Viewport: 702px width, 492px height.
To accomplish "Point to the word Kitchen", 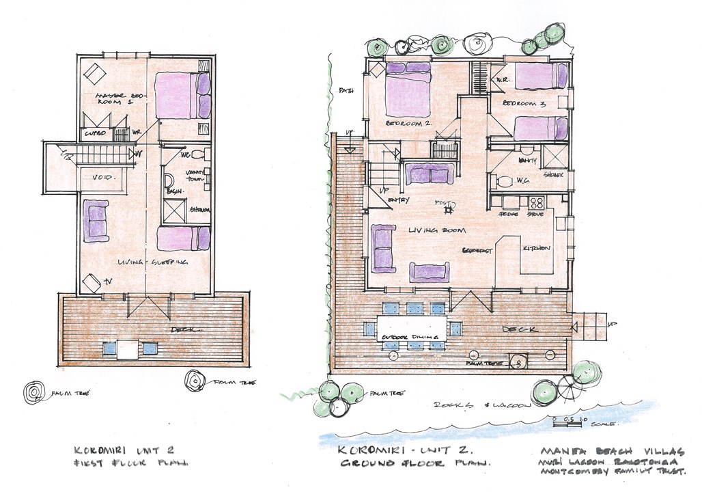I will pos(536,248).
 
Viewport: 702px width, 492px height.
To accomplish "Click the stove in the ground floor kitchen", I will pos(537,202).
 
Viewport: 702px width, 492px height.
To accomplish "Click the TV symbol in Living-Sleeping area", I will pos(92,282).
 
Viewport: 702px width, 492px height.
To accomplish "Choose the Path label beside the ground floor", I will pos(345,91).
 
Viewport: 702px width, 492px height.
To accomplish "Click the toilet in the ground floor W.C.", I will pos(503,182).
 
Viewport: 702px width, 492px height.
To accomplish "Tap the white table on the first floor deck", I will pos(128,349).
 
